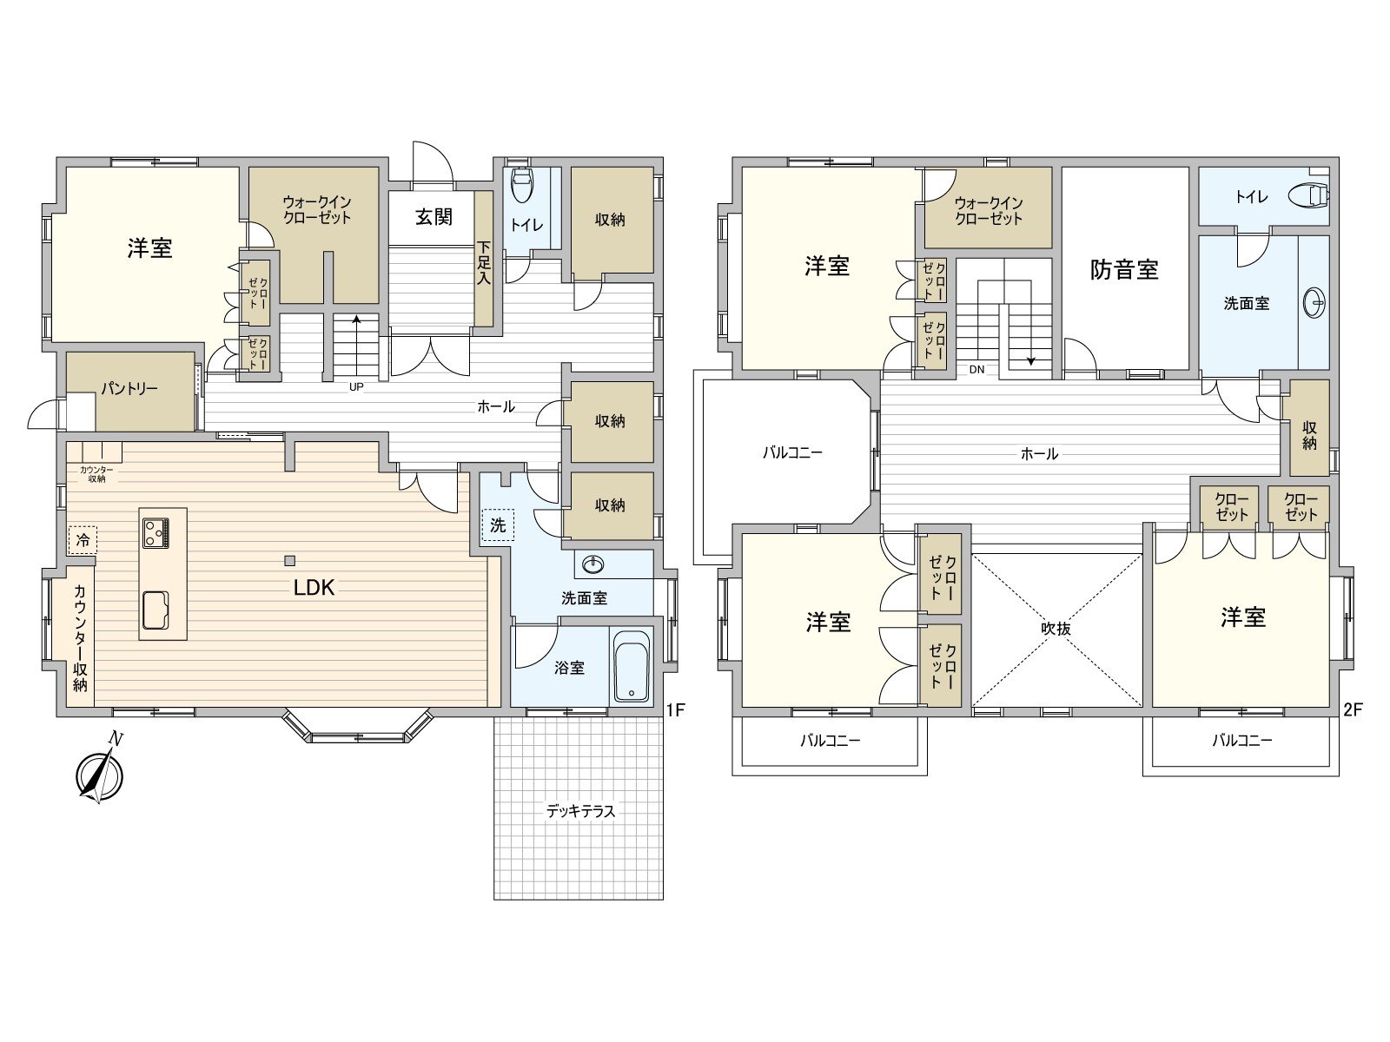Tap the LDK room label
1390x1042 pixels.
pyautogui.click(x=314, y=588)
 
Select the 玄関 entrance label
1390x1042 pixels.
pyautogui.click(x=434, y=217)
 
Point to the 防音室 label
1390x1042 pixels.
pyautogui.click(x=1124, y=269)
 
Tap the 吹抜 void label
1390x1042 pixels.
pyautogui.click(x=1056, y=628)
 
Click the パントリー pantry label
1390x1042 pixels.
pyautogui.click(x=129, y=388)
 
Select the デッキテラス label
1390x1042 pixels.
pyautogui.click(x=580, y=811)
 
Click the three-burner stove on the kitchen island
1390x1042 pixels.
pyautogui.click(x=156, y=532)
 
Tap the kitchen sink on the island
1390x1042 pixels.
pyautogui.click(x=156, y=610)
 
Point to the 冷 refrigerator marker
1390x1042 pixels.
pyautogui.click(x=83, y=540)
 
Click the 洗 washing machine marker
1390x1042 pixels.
pyautogui.click(x=498, y=525)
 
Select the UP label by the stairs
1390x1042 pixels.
pyautogui.click(x=356, y=386)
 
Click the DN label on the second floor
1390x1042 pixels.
pyautogui.click(x=976, y=370)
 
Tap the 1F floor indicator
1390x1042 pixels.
pyautogui.click(x=676, y=709)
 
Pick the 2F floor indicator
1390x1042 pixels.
pyautogui.click(x=1353, y=709)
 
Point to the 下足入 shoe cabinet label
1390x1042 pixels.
pyautogui.click(x=484, y=262)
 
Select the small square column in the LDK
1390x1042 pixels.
pyautogui.click(x=290, y=560)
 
